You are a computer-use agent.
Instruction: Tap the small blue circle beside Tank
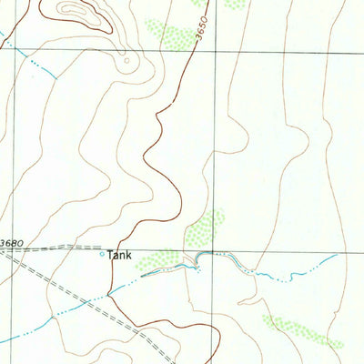pyautogui.click(x=102, y=255)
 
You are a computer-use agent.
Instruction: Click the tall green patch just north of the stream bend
pyautogui.click(x=207, y=228)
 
